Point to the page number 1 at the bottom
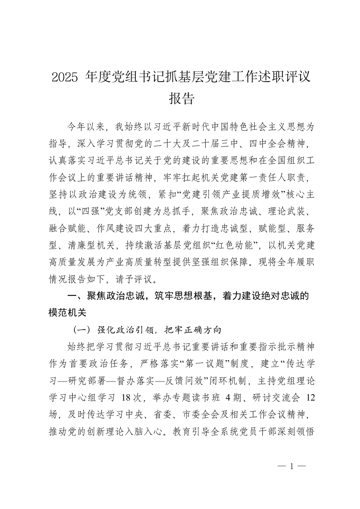click(292, 465)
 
